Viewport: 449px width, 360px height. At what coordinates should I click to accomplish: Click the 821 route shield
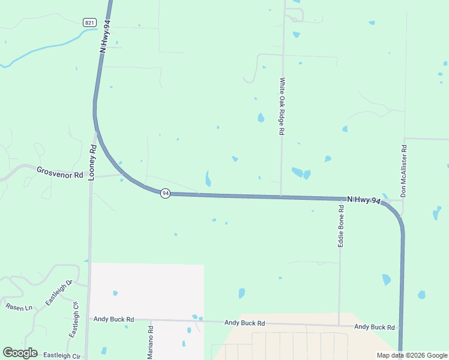click(89, 23)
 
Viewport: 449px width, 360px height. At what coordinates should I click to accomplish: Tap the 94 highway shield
click(165, 193)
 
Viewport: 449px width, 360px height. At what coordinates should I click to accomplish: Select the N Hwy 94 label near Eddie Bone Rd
click(364, 200)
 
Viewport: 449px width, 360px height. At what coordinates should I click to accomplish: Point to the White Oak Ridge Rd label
click(282, 106)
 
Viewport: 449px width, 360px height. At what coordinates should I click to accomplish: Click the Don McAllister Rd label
click(404, 171)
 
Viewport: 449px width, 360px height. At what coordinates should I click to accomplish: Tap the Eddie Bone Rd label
click(341, 227)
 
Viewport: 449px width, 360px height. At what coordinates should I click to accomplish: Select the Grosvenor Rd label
click(59, 172)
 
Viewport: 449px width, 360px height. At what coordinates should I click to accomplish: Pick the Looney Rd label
click(92, 163)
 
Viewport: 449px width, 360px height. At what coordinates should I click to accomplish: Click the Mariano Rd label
click(151, 343)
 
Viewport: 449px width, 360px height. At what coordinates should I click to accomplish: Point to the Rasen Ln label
click(18, 307)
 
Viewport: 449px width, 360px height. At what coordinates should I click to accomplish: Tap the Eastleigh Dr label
click(59, 292)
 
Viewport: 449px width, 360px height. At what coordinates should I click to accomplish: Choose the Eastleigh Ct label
click(74, 319)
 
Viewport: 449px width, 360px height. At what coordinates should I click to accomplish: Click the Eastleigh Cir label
click(61, 356)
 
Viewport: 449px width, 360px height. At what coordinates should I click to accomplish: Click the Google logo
click(20, 353)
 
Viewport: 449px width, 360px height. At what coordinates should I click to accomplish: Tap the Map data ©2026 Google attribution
click(412, 355)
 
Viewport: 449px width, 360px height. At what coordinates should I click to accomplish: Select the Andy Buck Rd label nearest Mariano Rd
click(113, 320)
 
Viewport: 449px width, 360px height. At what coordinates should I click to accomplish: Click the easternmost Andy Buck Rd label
click(375, 327)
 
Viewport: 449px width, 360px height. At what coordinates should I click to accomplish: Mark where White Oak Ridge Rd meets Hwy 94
click(281, 196)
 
